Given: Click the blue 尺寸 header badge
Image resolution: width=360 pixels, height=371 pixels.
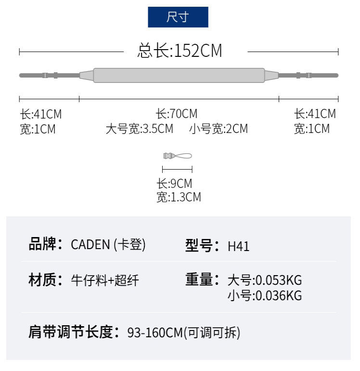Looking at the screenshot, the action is [178, 17].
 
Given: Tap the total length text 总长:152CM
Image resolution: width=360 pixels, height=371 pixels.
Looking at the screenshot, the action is [180, 51].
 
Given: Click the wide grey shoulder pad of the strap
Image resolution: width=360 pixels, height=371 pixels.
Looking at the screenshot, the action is [179, 75].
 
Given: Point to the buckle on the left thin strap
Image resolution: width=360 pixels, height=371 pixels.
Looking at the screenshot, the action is [50, 75].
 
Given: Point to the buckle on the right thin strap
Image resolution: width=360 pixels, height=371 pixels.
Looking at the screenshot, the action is [304, 75].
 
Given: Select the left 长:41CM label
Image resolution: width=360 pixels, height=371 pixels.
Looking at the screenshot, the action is [41, 115].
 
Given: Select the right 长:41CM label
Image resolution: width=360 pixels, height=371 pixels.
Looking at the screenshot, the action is [315, 114].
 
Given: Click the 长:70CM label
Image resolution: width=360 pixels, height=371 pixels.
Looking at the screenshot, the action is [176, 114].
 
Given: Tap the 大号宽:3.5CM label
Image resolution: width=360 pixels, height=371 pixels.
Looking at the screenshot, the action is [139, 129].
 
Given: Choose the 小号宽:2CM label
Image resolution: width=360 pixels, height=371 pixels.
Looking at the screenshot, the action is [219, 129].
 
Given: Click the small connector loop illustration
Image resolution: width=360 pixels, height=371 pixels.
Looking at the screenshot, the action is [177, 156].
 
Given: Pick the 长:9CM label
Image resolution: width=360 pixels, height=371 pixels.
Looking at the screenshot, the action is [174, 184].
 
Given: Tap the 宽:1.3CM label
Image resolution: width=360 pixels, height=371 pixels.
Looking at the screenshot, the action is [179, 197].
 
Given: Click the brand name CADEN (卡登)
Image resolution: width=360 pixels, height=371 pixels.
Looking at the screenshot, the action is [108, 245].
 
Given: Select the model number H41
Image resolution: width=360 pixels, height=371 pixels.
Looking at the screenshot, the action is [238, 246].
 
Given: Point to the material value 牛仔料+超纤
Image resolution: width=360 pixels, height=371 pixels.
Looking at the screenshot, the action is [104, 280].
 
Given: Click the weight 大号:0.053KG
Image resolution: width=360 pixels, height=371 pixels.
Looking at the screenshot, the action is [264, 280].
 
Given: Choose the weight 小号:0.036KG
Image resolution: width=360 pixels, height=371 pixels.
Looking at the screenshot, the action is [264, 295].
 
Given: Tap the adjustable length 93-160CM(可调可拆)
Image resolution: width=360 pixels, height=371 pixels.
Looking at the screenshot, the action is [183, 332].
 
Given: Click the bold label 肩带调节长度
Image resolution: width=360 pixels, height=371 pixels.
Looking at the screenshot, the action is [73, 332].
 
